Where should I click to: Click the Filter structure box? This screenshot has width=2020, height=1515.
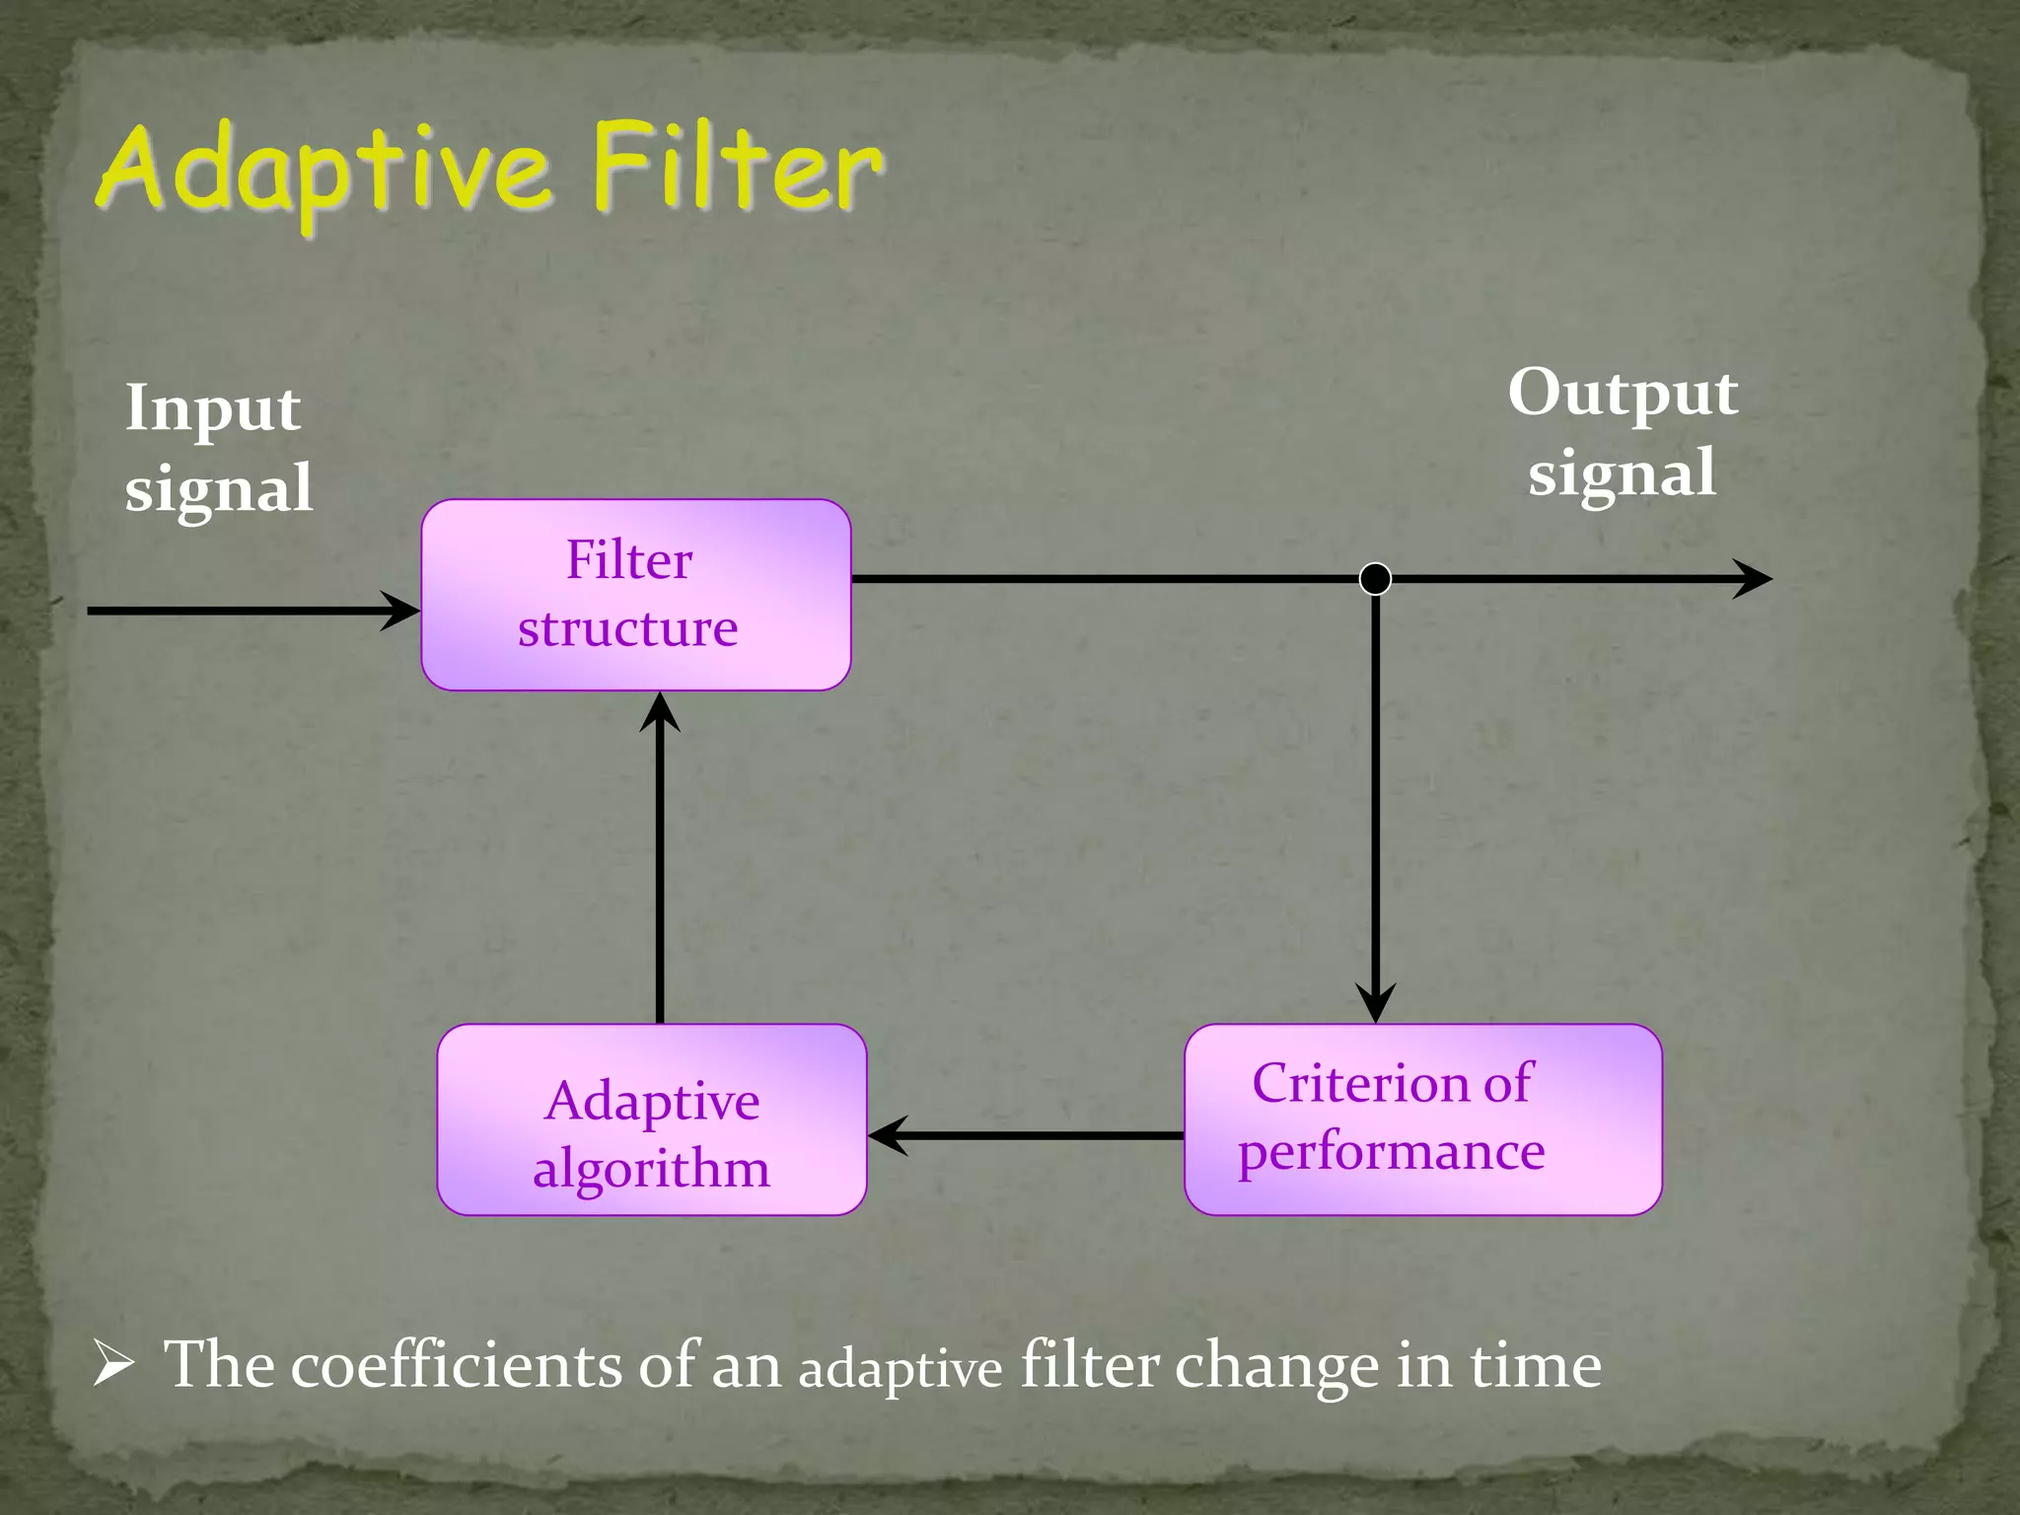635,595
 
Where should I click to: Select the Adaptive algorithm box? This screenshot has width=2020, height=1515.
651,1119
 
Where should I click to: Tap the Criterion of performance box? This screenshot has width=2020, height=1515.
1422,1119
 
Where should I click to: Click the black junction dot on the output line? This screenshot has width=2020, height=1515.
1375,578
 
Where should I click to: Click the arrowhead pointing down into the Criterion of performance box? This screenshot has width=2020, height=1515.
1375,1003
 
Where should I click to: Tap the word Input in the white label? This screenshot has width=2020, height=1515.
212,408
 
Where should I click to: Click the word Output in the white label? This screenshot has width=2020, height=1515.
1623,394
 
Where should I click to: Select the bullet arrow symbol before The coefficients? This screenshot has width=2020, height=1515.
113,1366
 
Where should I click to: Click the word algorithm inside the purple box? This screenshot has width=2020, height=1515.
651,1170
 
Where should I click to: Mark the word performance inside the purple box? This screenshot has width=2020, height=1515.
1391,1152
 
